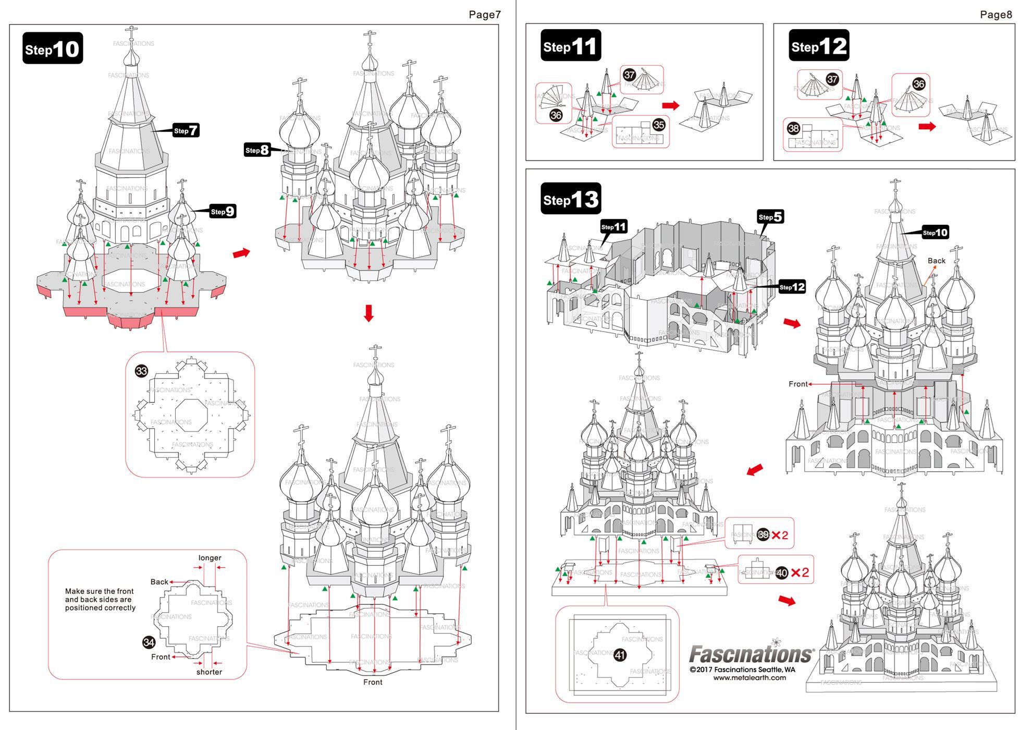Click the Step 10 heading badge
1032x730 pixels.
tap(53, 48)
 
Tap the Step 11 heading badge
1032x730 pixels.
tap(570, 46)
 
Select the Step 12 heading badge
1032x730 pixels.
tap(818, 46)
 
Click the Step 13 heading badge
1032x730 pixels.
tap(571, 199)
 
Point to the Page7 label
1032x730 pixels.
tap(484, 15)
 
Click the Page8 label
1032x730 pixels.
tap(996, 15)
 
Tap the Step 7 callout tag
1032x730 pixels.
tap(186, 130)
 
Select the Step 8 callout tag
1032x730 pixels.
tap(257, 150)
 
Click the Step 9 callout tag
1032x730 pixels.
tap(223, 211)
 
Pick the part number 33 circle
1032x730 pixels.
tap(141, 371)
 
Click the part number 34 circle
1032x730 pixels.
tap(149, 642)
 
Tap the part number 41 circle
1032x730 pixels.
tap(620, 655)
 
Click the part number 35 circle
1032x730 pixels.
tap(659, 125)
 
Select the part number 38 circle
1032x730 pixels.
tap(793, 128)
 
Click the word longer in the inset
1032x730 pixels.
tap(210, 558)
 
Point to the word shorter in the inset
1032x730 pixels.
tap(209, 672)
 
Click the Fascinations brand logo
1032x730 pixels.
tap(751, 653)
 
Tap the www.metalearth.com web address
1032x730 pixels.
tap(750, 678)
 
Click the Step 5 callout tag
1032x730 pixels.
tap(770, 217)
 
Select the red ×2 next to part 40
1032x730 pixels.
tap(800, 573)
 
